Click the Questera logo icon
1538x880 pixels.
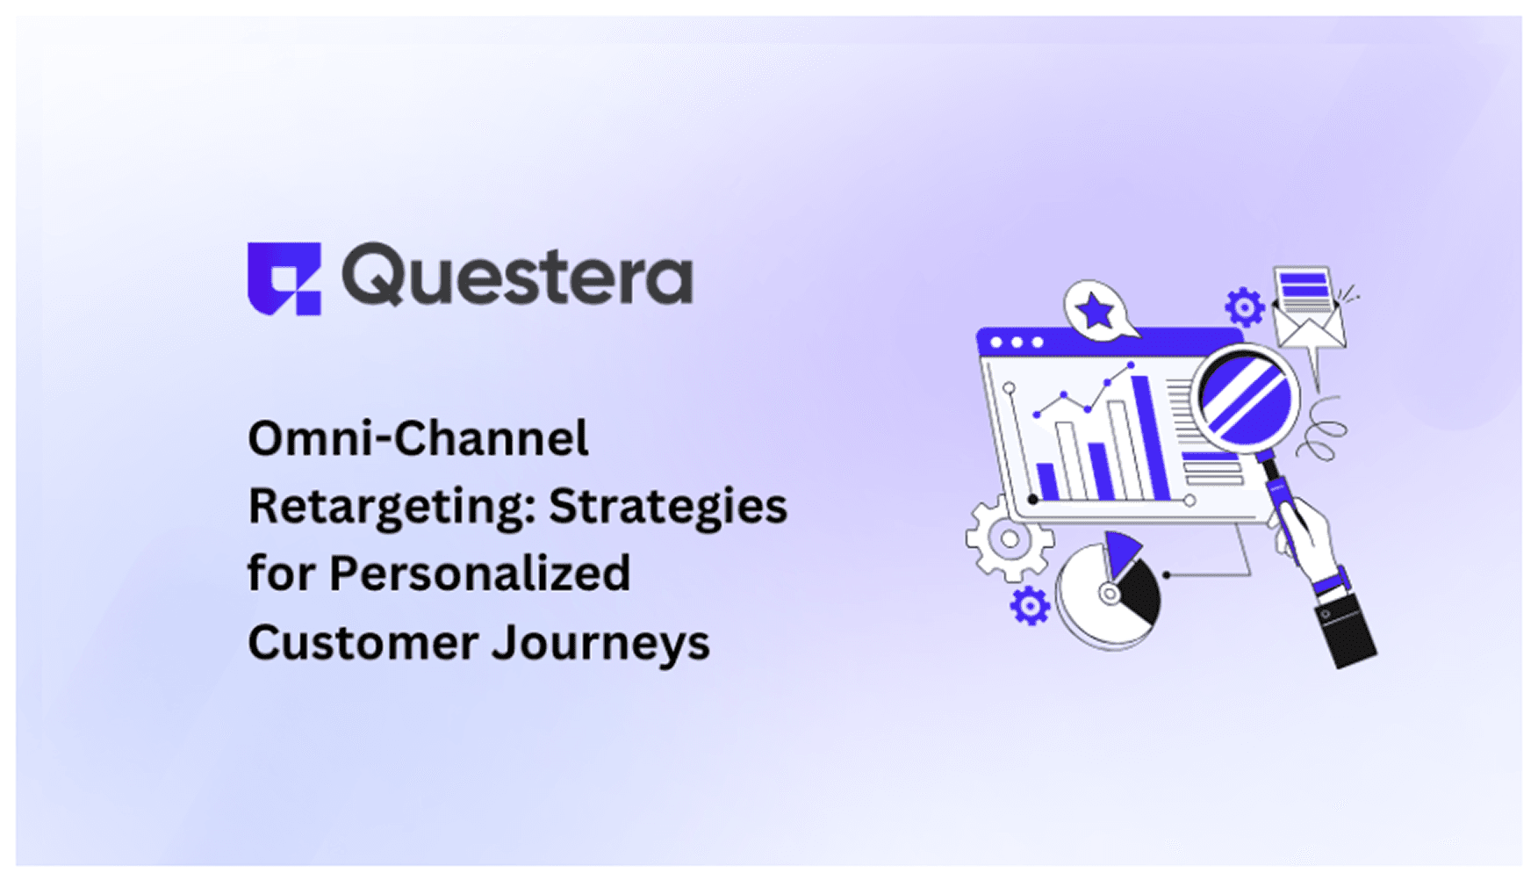(284, 278)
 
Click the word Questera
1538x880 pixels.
(517, 276)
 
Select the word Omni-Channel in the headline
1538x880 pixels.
(418, 438)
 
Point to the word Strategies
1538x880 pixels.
(668, 507)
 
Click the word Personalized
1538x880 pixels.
(479, 574)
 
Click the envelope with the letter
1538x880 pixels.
(1309, 309)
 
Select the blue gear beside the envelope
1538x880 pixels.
(1244, 307)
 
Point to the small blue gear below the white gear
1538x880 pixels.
(1029, 606)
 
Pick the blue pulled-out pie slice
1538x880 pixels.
(1121, 552)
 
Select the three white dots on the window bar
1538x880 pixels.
(1017, 343)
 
